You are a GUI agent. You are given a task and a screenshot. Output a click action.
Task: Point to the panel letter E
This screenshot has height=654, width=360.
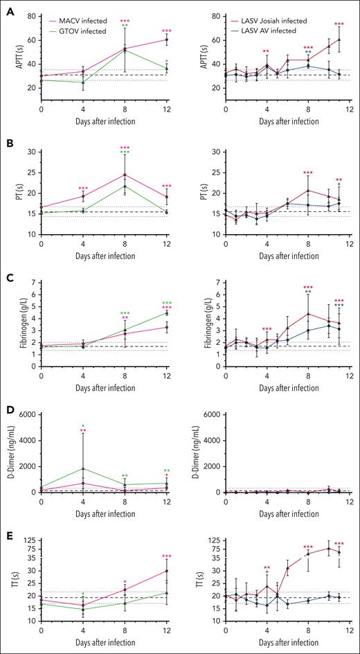(x=7, y=529)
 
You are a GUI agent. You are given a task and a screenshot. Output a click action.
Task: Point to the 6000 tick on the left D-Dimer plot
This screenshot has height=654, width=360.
(x=27, y=414)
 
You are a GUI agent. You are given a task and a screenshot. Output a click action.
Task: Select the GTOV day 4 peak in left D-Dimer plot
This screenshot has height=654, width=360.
(x=83, y=468)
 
